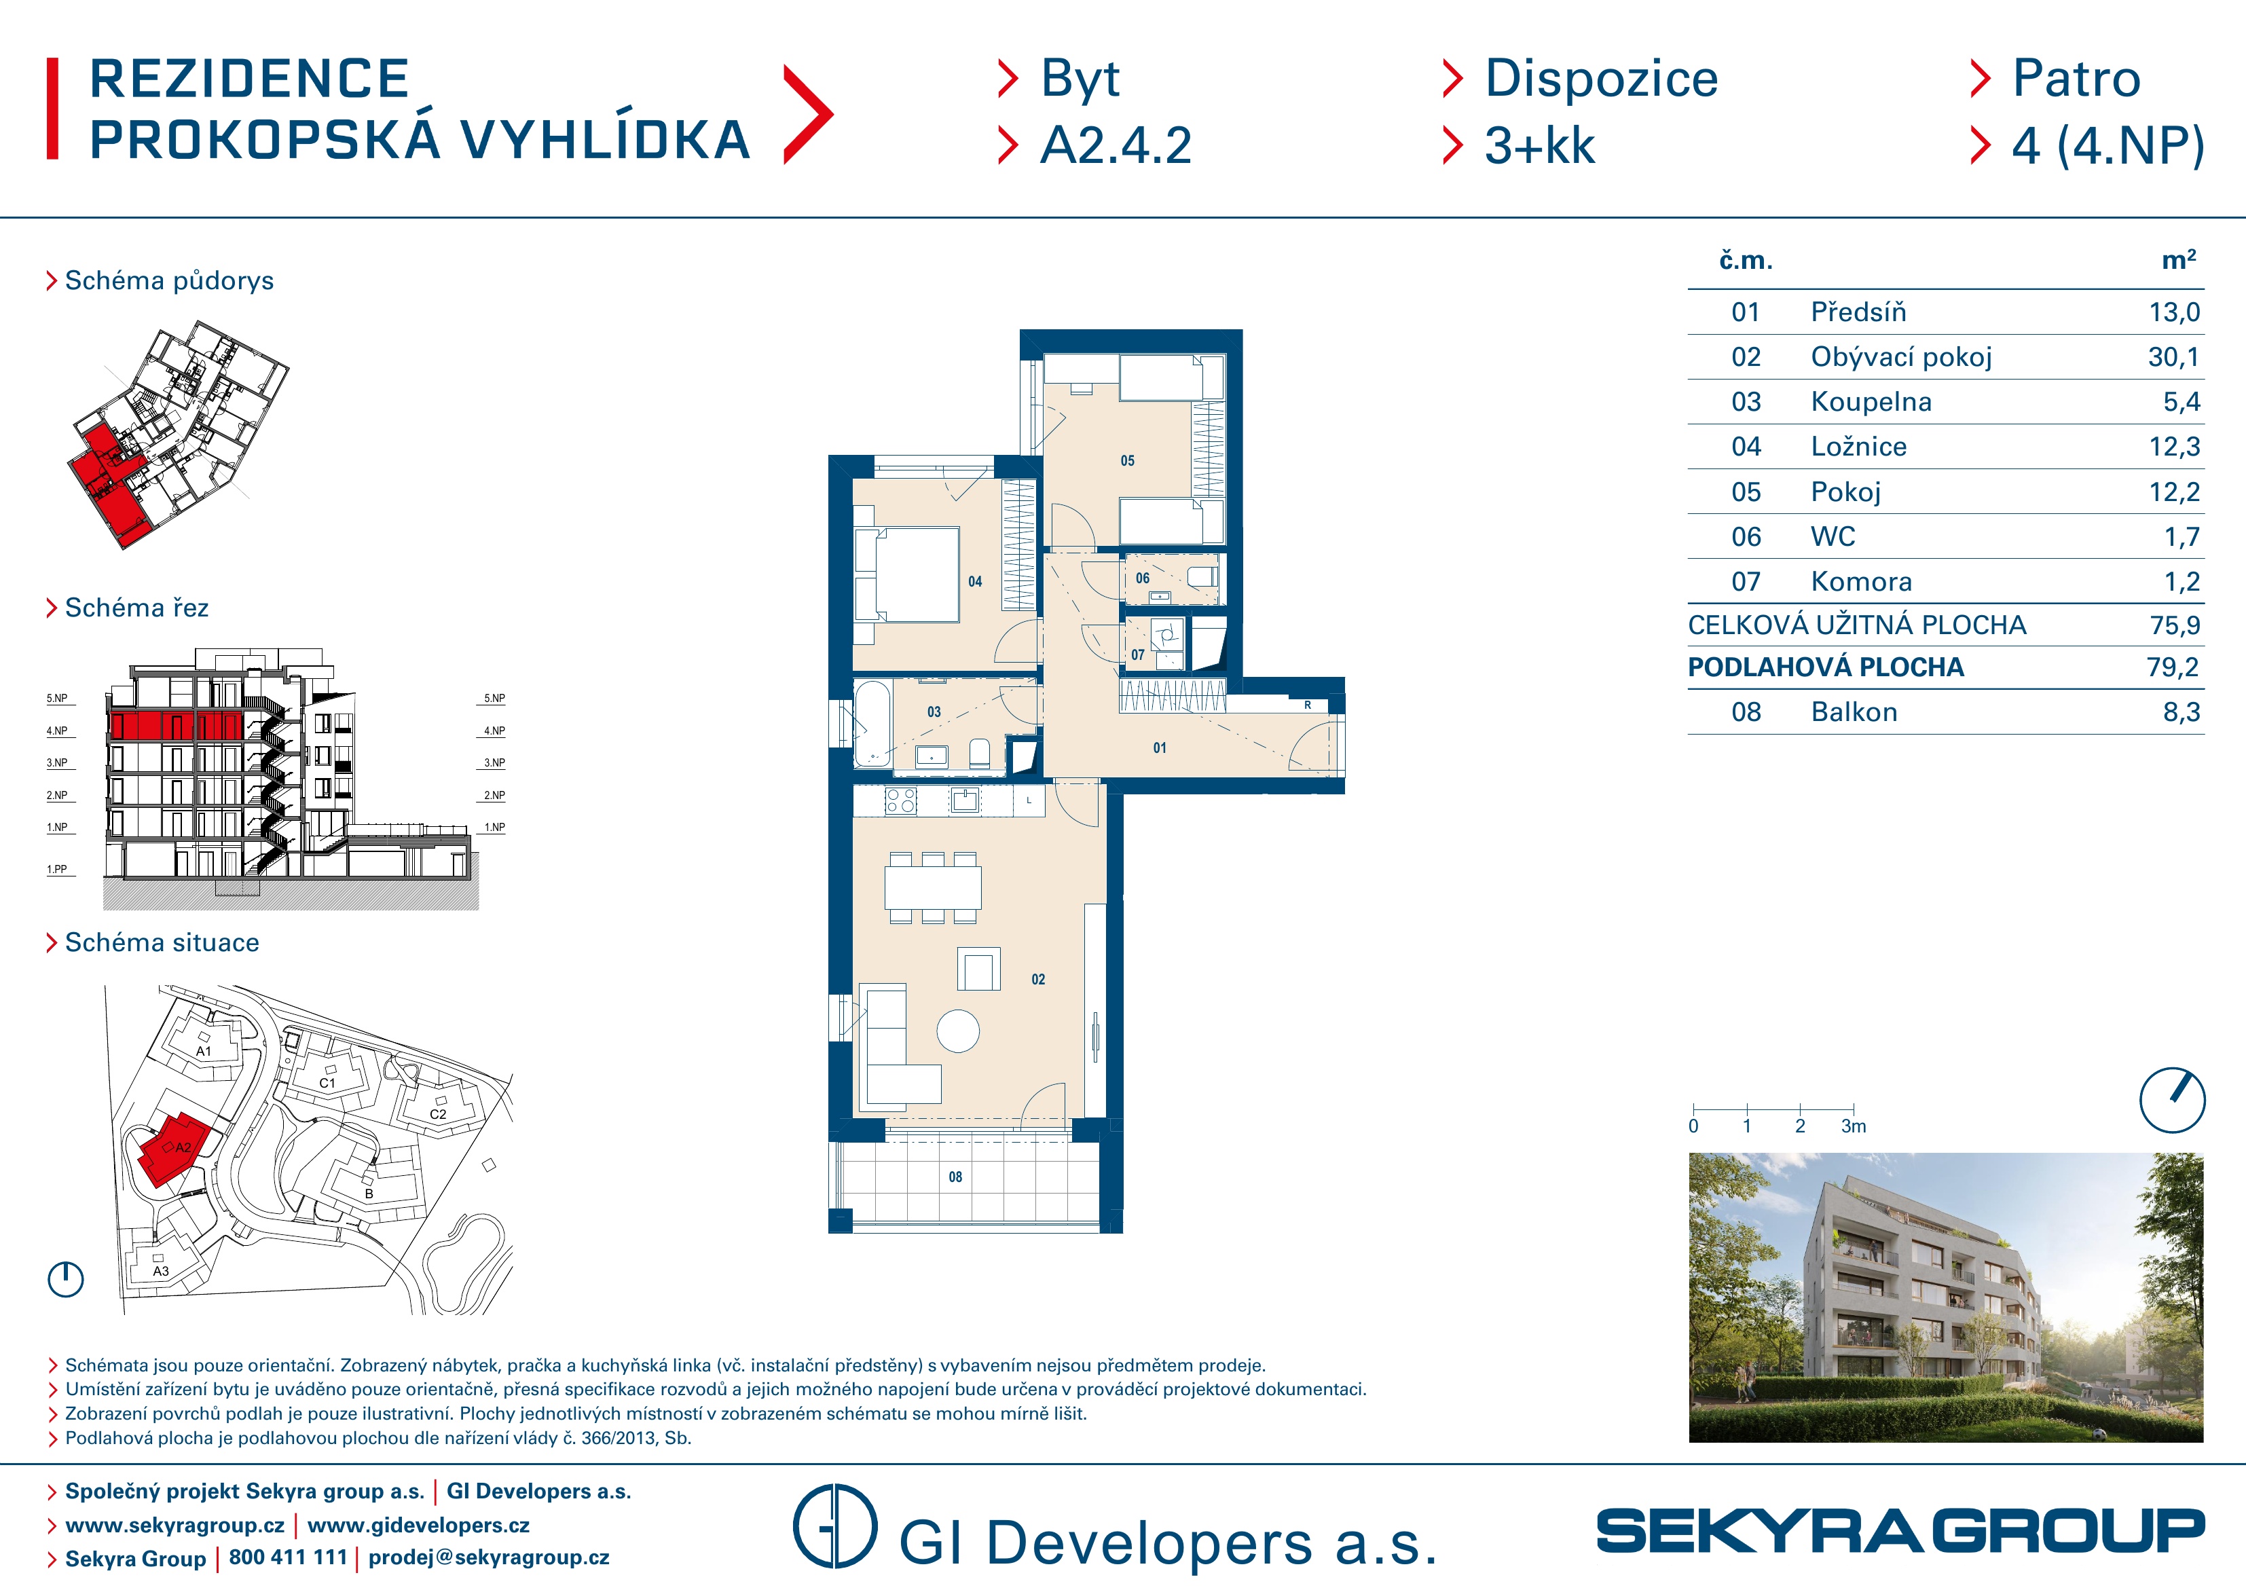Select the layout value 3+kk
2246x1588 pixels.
pos(1540,146)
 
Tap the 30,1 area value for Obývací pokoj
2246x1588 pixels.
pos(2173,357)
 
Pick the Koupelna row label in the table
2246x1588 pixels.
pos(1871,402)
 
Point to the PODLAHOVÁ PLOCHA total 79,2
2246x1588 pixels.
pos(2173,667)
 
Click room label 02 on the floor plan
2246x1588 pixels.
pos(1038,980)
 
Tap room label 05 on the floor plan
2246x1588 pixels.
pos(1128,461)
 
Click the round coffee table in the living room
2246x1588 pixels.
pos(958,1031)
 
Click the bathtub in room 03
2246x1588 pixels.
pos(872,724)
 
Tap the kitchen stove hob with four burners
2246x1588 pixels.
pos(901,801)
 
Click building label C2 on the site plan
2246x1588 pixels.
pos(438,1114)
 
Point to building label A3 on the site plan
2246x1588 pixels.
pos(160,1271)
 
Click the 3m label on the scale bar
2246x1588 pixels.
pos(1854,1126)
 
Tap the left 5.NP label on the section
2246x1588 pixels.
pos(58,699)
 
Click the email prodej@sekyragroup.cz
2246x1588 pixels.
pos(489,1557)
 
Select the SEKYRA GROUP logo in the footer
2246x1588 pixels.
pos(1900,1531)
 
